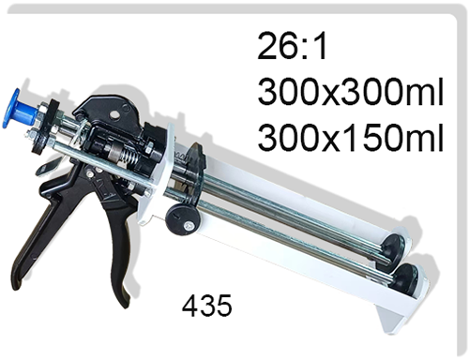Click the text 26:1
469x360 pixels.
coord(292,46)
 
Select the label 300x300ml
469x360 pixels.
coord(351,92)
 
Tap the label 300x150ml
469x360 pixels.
coord(351,137)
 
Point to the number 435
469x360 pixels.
coord(207,305)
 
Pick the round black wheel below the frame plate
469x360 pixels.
coord(183,219)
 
